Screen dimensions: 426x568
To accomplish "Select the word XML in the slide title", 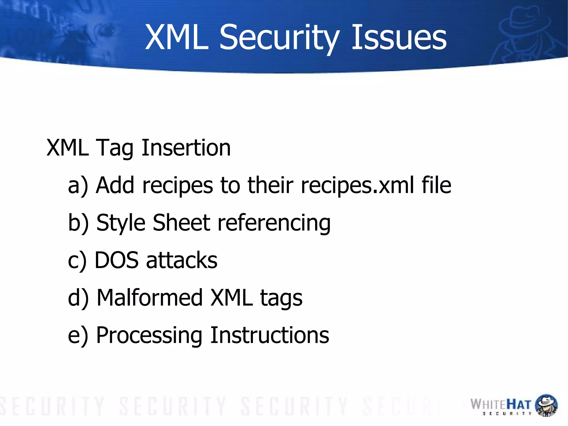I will [176, 37].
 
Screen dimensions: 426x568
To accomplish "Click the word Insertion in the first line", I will [186, 148].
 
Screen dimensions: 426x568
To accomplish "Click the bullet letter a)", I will [78, 185].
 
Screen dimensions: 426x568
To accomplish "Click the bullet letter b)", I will [78, 223].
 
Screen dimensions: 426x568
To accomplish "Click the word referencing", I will [274, 223].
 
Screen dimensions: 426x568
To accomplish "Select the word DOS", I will [116, 260].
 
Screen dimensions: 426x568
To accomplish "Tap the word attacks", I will [182, 260].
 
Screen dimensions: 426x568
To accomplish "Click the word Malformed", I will [150, 298].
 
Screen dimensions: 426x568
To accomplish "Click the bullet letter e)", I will [78, 335].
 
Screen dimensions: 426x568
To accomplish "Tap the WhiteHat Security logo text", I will [501, 405].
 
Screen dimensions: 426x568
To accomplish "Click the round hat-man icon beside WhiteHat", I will [546, 405].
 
